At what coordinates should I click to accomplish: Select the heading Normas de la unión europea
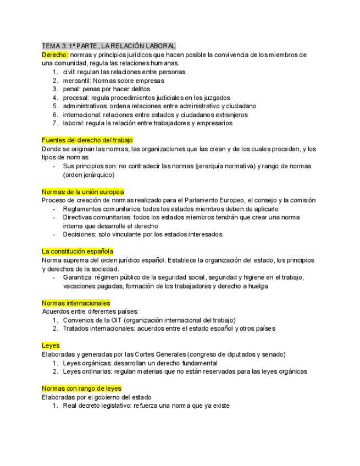click(x=83, y=191)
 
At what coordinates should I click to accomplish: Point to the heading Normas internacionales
click(x=76, y=303)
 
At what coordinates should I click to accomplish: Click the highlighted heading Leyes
click(x=51, y=346)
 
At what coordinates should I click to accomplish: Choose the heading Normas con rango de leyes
click(x=81, y=389)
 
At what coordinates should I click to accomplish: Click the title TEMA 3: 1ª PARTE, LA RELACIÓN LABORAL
click(x=109, y=46)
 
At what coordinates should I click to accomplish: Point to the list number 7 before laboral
click(x=55, y=123)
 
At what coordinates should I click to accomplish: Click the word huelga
click(x=259, y=286)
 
